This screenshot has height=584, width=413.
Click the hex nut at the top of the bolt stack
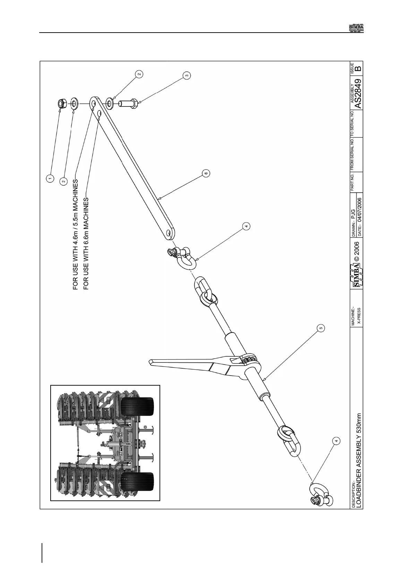61,103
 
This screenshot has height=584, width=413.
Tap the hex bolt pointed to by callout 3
128,103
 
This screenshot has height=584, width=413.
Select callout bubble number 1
50,178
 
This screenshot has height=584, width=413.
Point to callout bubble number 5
321,327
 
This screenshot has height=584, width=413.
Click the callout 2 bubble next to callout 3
139,74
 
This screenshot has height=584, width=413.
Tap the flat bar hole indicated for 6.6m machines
99,113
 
